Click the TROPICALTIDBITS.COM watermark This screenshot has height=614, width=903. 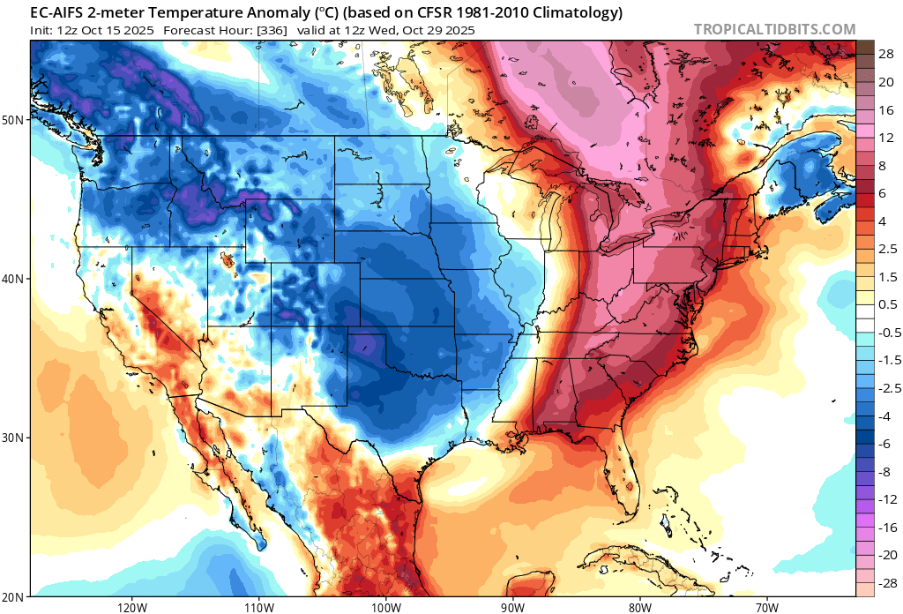774,29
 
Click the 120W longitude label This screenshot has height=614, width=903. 131,607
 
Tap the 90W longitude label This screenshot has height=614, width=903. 512,607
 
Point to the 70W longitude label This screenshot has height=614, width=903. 766,607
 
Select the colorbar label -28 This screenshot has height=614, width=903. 885,583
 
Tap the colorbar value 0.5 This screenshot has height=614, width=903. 888,304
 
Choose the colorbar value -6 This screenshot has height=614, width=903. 885,444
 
